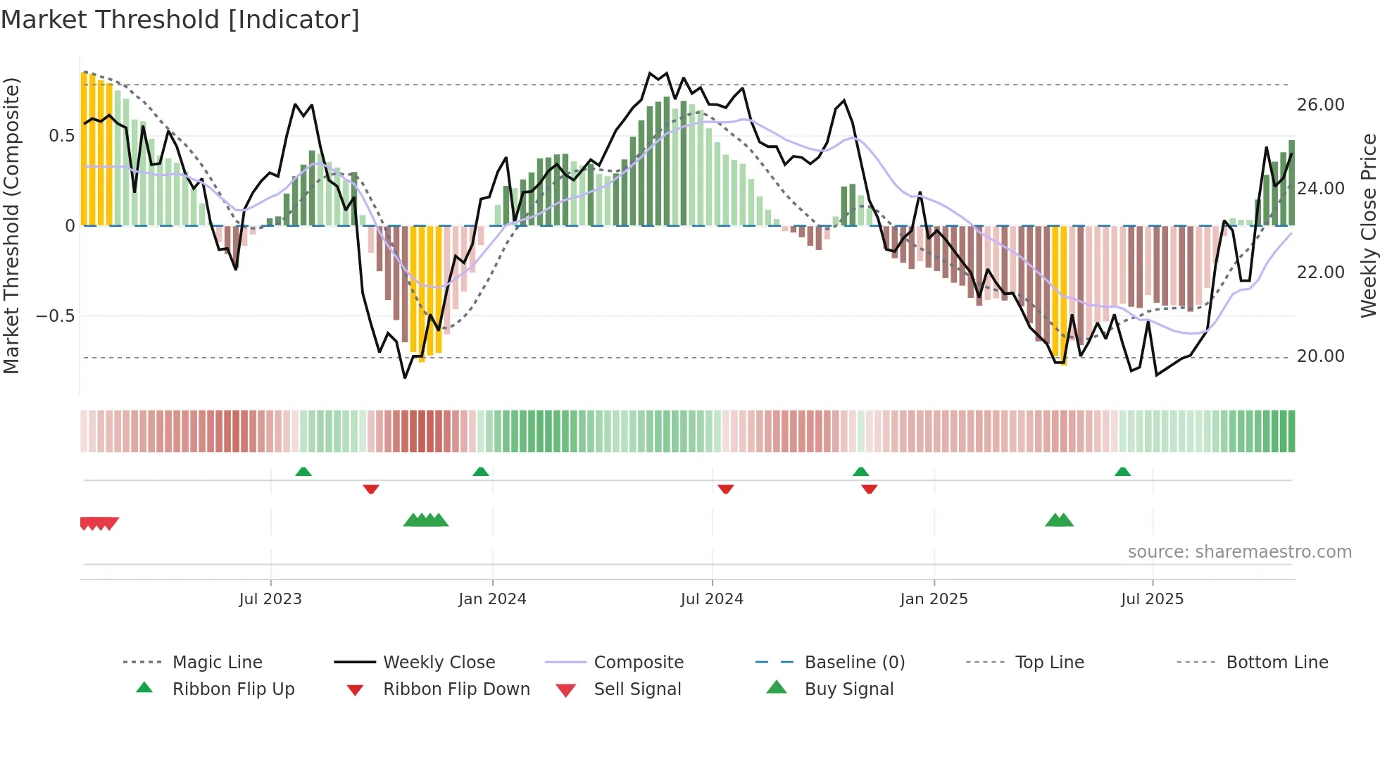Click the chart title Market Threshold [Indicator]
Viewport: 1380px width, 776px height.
tap(180, 20)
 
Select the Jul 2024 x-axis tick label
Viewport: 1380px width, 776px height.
tap(712, 599)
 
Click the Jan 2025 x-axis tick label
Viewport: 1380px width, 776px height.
tap(934, 599)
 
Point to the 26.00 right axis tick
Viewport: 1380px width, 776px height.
tap(1320, 105)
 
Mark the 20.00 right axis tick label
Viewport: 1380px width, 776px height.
tap(1320, 356)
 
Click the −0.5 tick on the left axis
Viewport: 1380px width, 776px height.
tap(55, 315)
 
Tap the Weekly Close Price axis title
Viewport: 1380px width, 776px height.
tap(1368, 225)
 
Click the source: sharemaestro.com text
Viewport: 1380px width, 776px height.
tap(1239, 551)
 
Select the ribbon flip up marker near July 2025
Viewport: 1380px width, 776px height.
tap(1122, 472)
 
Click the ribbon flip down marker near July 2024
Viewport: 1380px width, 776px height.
tap(725, 489)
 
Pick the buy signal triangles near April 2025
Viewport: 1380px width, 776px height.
tap(1059, 520)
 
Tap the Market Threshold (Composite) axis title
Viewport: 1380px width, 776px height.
tap(11, 225)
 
